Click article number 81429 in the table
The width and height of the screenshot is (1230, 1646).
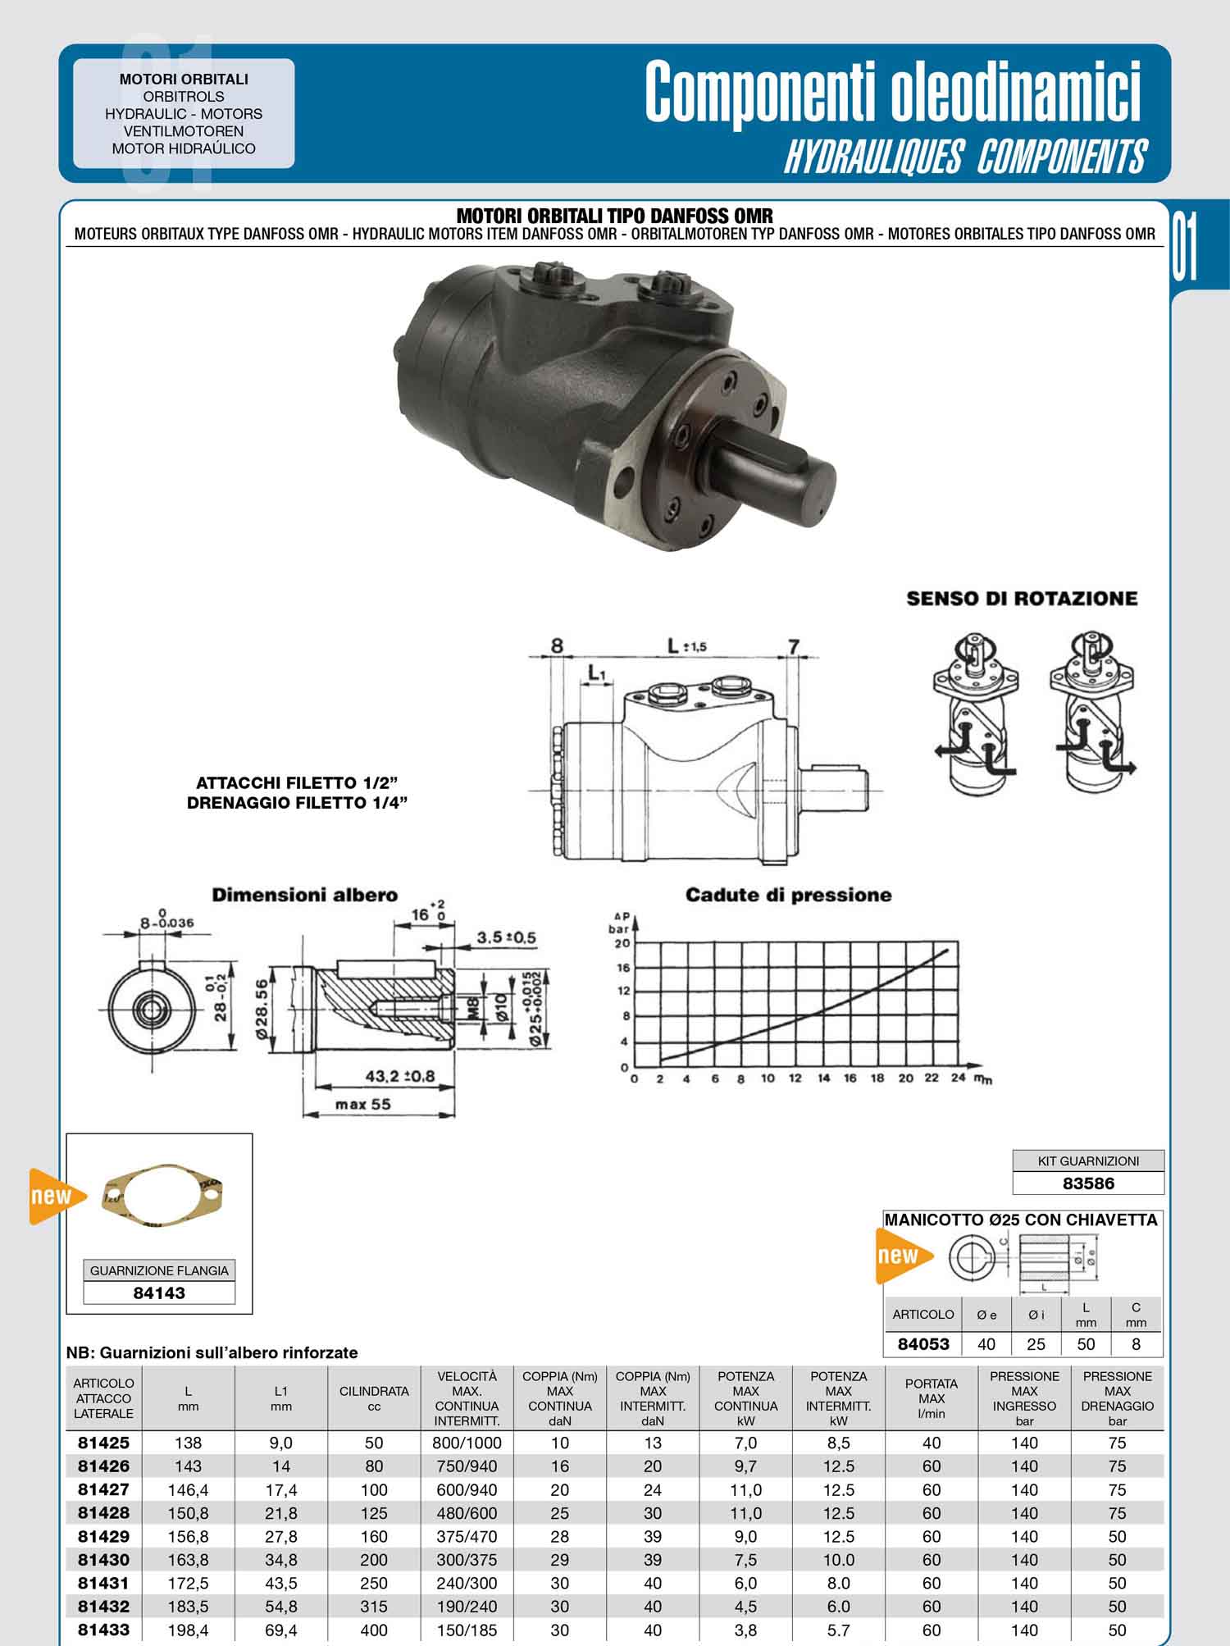coord(103,1536)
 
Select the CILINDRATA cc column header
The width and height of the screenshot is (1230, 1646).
coord(374,1398)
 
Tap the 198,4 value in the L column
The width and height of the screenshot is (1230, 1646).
coord(188,1630)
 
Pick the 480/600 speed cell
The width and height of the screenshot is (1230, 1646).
coord(467,1513)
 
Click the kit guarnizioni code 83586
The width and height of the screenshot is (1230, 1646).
coord(1088,1183)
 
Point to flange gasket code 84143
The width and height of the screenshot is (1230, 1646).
coord(159,1293)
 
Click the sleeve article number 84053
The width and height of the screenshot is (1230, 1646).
coord(923,1344)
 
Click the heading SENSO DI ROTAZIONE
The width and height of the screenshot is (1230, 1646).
coord(1022,599)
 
